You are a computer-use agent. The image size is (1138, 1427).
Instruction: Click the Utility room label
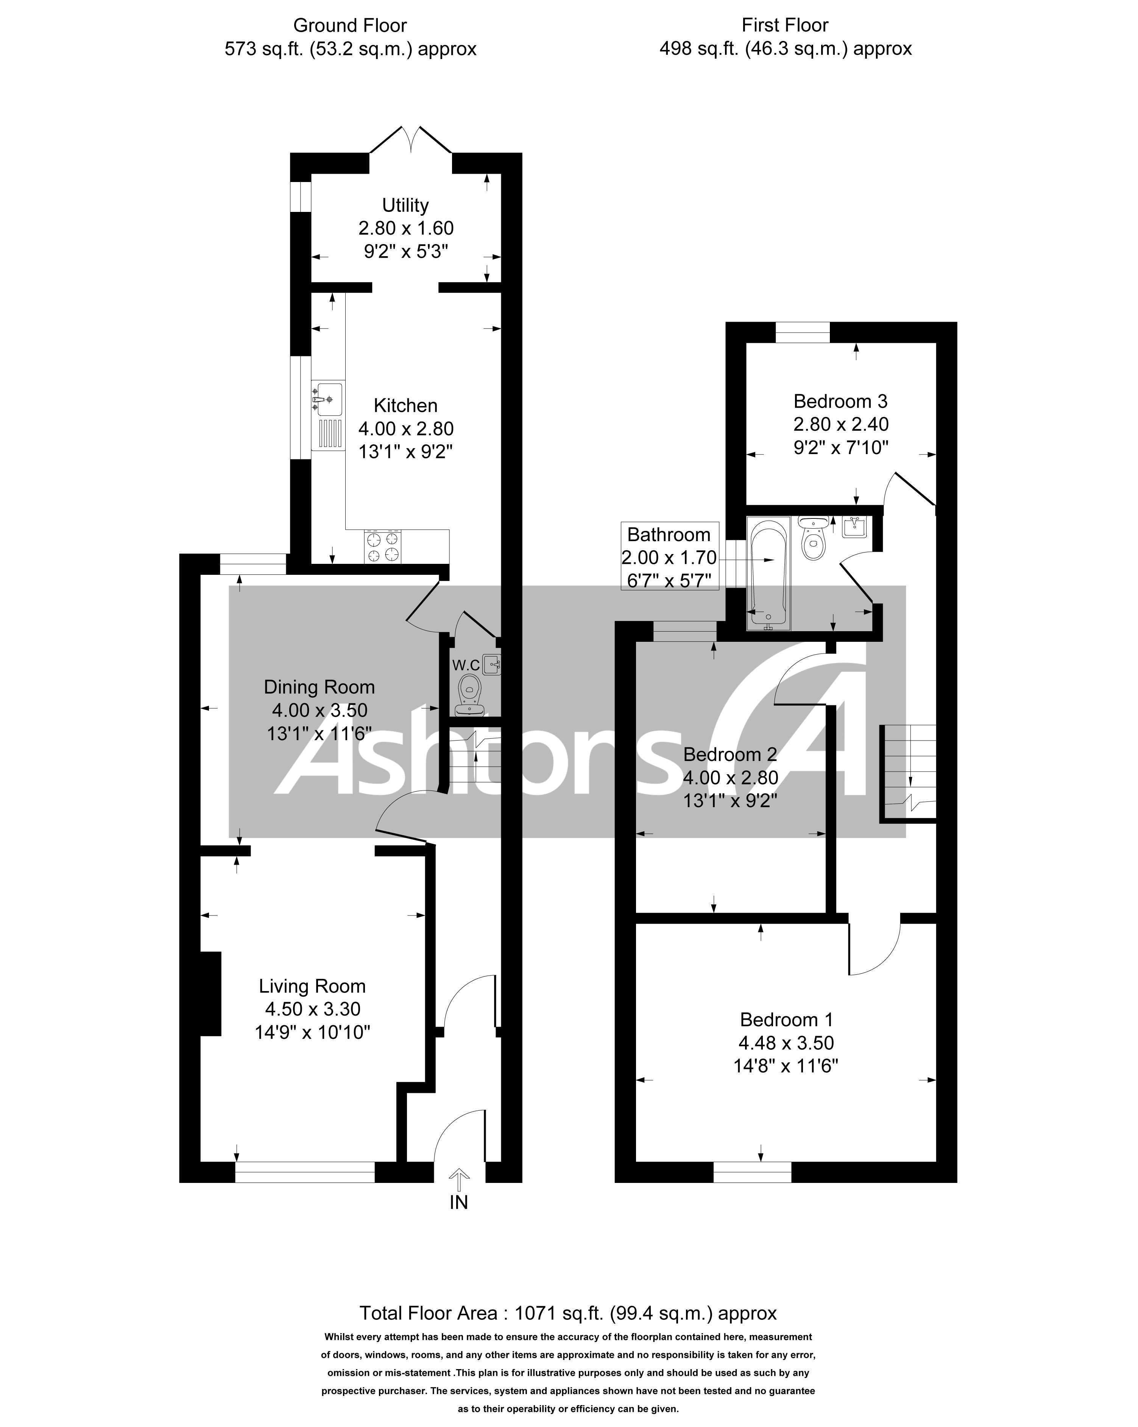405,205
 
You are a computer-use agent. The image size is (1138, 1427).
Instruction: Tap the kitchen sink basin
329,399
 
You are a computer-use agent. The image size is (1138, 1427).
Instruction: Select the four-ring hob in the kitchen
383,547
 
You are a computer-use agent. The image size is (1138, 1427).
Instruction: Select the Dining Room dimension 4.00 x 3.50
319,710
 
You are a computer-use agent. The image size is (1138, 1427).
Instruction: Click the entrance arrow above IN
459,1180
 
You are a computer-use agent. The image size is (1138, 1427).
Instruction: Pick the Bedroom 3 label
840,401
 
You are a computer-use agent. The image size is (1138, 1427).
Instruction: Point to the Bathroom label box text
669,534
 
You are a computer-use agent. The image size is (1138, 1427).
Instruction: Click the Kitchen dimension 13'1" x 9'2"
405,451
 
